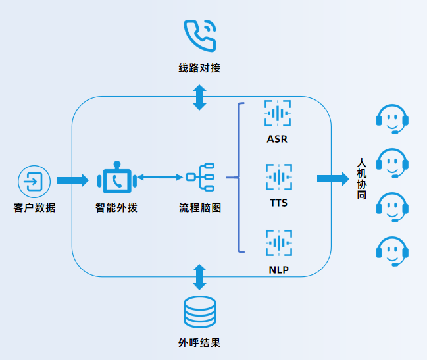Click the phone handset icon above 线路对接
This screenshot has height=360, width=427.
(x=199, y=36)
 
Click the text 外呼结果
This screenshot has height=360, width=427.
(x=199, y=343)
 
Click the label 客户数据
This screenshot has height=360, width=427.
(x=34, y=208)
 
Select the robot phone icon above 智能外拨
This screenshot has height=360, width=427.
(x=116, y=178)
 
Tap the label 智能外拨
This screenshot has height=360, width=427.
(x=116, y=208)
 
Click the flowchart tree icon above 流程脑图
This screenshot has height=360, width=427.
(x=200, y=177)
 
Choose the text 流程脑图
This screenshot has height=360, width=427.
(x=200, y=208)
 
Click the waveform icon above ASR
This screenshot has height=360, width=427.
(x=278, y=113)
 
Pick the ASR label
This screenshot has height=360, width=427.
(x=278, y=140)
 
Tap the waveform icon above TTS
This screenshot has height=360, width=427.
(x=278, y=177)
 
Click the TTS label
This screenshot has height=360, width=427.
(x=278, y=203)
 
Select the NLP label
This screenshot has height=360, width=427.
(x=278, y=270)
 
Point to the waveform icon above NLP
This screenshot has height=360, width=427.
(x=278, y=242)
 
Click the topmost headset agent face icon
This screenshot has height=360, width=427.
(x=392, y=118)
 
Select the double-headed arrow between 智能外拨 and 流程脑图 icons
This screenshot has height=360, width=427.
(x=159, y=177)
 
